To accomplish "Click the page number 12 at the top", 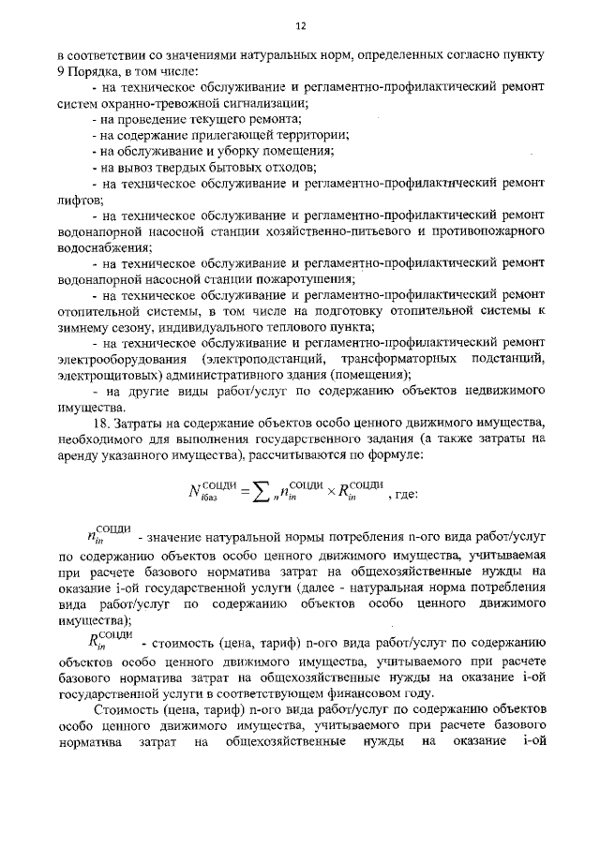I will tap(301, 26).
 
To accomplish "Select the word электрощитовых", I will tap(107, 376).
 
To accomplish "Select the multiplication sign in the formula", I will tap(329, 495).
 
